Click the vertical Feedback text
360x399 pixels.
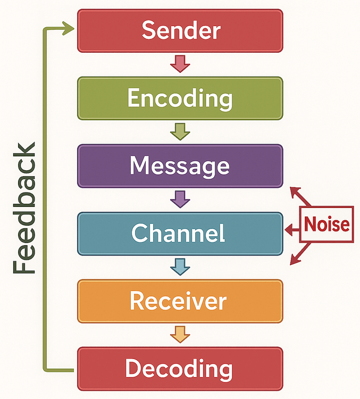click(x=24, y=207)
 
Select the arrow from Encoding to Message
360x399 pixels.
click(x=180, y=131)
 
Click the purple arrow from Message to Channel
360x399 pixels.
click(x=180, y=199)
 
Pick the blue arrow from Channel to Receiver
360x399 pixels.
click(x=180, y=267)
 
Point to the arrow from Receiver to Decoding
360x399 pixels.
click(x=180, y=335)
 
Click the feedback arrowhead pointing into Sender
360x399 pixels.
click(x=69, y=28)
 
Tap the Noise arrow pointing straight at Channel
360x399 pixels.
click(x=292, y=230)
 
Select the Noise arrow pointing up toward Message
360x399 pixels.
click(x=299, y=195)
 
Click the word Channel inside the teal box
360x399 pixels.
click(x=178, y=234)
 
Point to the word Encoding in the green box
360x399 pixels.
click(x=180, y=98)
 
